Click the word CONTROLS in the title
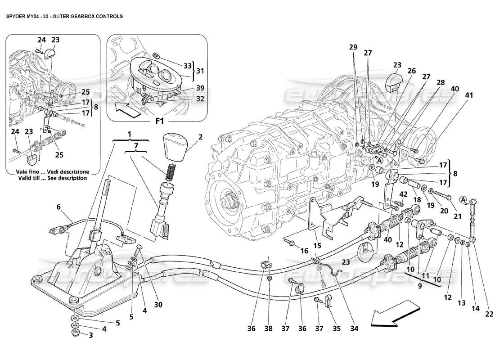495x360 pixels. point(107,15)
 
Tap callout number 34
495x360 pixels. point(354,329)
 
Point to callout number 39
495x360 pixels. point(187,88)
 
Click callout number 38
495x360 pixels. point(269,329)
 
